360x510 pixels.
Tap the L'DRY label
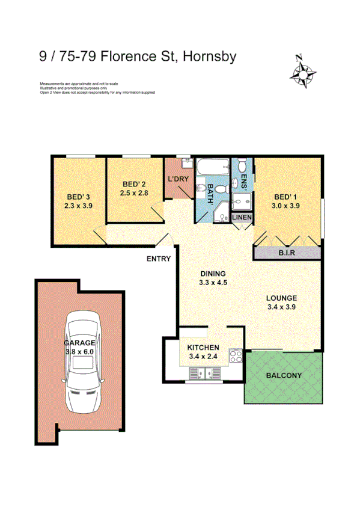coord(178,179)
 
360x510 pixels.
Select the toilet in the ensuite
coord(242,165)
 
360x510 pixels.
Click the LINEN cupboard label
coord(242,217)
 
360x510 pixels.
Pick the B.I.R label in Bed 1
coord(286,253)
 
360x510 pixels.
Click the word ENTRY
coord(159,259)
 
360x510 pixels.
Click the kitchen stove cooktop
coord(236,355)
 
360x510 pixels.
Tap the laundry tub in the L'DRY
coord(186,162)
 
